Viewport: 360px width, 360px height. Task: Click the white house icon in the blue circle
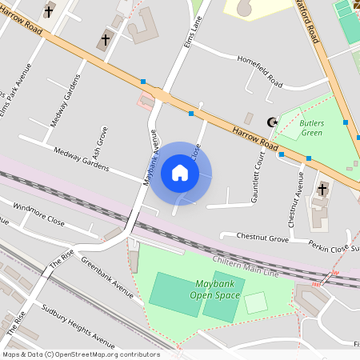tap(180, 173)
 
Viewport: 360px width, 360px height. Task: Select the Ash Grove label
tap(98, 142)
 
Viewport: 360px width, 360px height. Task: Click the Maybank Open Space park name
tap(215, 290)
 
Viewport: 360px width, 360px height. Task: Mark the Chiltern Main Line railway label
tap(246, 268)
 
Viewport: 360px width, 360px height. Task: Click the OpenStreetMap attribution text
tap(80, 354)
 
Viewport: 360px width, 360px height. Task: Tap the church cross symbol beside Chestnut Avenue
tap(322, 190)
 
